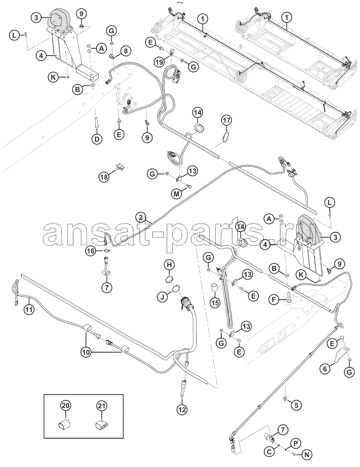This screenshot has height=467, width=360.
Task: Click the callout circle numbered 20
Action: (66, 406)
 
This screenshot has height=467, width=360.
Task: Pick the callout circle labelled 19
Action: (159, 61)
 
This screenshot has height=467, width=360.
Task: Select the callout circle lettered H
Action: (169, 265)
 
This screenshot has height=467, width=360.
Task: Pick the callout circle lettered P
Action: (295, 443)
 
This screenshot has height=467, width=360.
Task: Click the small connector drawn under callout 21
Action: (102, 424)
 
